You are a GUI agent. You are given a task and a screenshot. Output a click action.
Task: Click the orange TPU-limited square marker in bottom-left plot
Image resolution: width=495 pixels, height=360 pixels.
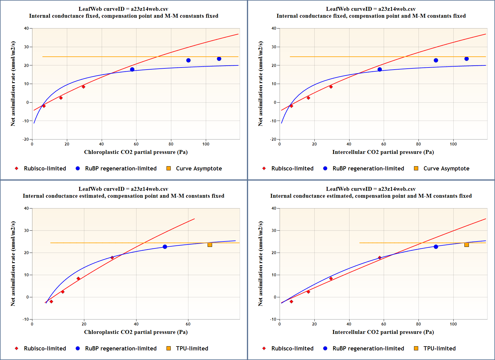click(x=210, y=245)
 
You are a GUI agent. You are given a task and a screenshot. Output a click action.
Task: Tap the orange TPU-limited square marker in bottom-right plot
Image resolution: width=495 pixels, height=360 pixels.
click(x=466, y=245)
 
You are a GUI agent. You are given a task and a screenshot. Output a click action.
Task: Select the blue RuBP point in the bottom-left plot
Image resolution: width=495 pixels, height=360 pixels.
click(x=165, y=247)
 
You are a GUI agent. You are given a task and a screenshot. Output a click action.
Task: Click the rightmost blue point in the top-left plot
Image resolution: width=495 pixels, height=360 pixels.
click(x=219, y=59)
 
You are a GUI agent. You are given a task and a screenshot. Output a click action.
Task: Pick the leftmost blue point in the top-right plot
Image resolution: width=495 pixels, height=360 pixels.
click(x=379, y=70)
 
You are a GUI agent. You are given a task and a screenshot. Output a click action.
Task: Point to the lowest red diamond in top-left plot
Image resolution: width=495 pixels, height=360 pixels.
click(x=44, y=106)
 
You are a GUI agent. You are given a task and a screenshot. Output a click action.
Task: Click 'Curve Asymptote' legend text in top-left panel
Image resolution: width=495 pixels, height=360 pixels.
click(x=199, y=168)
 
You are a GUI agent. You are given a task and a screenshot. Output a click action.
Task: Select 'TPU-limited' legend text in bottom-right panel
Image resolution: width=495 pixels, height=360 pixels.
click(x=439, y=348)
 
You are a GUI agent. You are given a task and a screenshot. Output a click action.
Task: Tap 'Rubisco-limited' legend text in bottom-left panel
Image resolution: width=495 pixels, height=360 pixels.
click(x=45, y=348)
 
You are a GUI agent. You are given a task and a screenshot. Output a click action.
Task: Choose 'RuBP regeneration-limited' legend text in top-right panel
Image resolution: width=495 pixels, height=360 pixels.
click(x=368, y=168)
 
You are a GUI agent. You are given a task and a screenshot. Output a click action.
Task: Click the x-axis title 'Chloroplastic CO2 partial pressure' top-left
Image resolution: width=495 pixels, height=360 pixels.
click(x=136, y=152)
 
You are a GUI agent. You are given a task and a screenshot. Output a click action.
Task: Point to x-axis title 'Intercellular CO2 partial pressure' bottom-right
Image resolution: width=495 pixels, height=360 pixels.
click(x=383, y=332)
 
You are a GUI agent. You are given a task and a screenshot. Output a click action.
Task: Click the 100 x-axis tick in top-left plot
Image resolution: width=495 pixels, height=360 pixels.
click(x=206, y=144)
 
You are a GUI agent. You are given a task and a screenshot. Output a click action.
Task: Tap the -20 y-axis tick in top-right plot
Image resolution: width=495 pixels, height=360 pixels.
click(x=273, y=139)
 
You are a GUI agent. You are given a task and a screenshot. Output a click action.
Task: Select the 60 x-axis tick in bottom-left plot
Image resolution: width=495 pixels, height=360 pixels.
click(x=188, y=324)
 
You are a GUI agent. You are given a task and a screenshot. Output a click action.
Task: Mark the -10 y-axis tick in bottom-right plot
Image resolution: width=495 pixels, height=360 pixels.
click(x=273, y=319)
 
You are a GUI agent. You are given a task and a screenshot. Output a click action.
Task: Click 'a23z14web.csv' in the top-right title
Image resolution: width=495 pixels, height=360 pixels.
click(x=397, y=9)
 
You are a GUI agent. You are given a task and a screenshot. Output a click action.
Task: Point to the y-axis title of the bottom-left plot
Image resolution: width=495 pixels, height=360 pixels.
click(x=13, y=264)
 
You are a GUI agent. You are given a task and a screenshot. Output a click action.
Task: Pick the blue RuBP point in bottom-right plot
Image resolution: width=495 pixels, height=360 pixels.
click(x=436, y=247)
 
